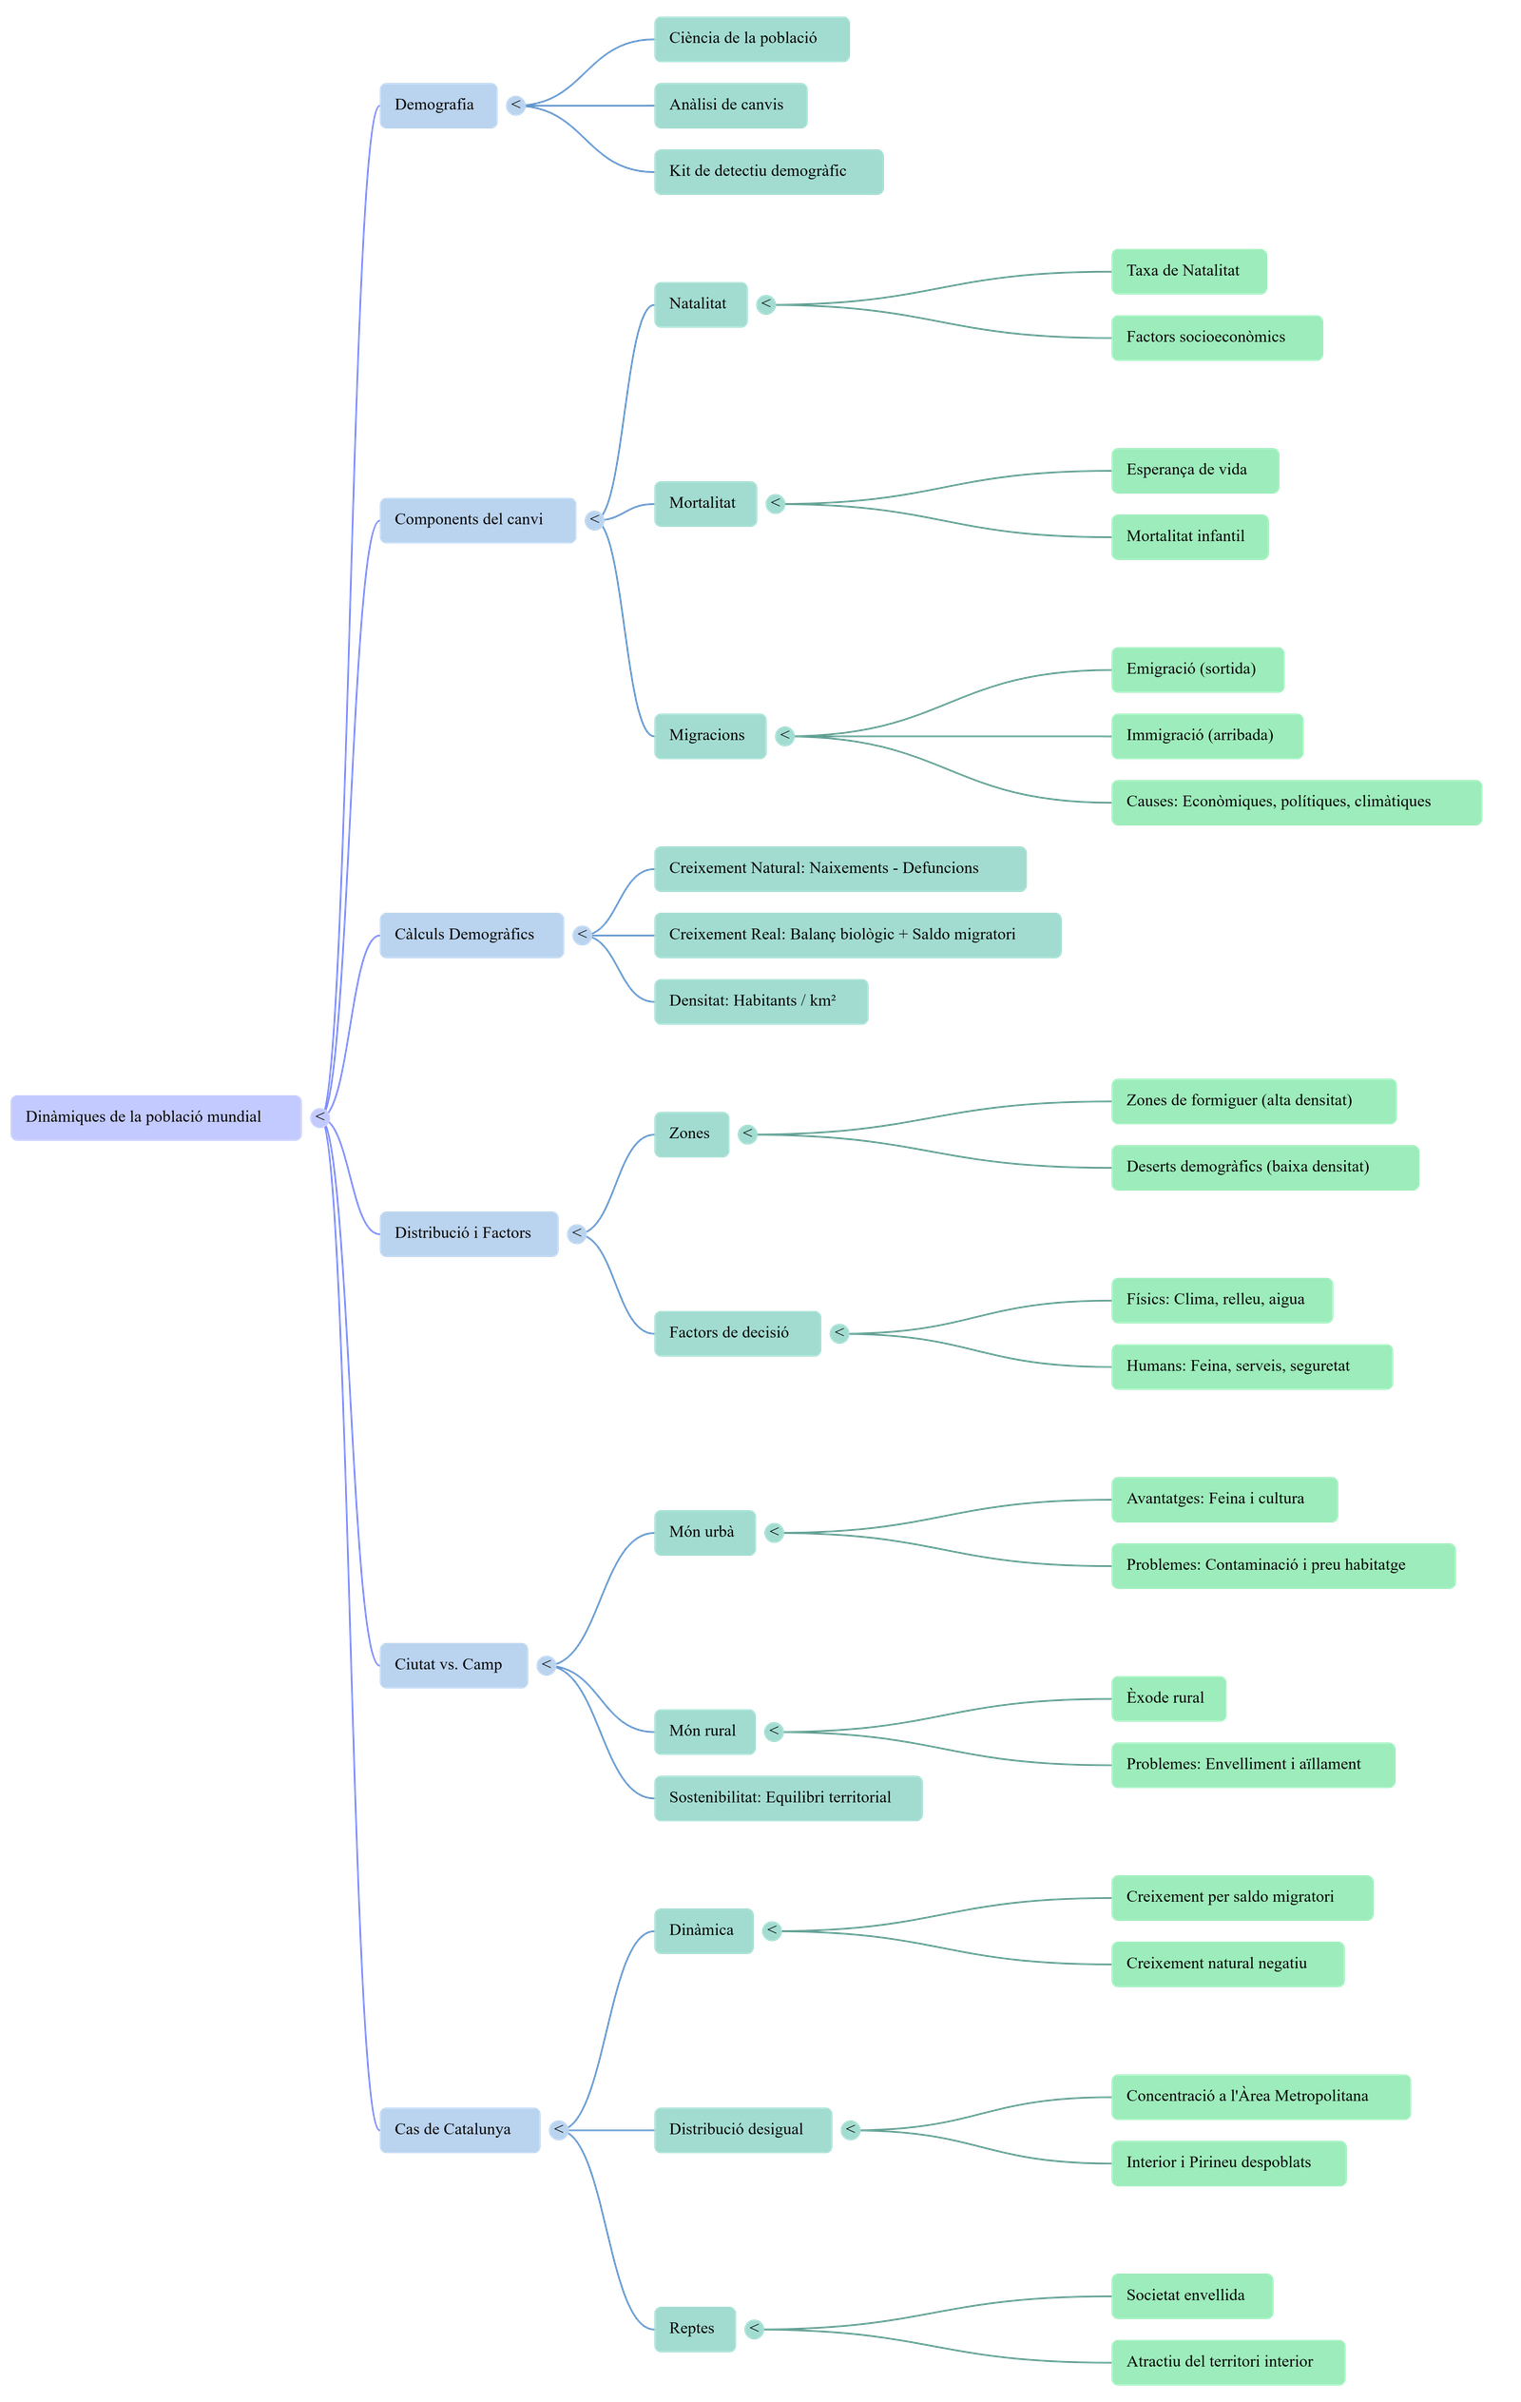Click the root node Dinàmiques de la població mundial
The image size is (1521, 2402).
tap(156, 1117)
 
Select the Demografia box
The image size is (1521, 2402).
tap(438, 105)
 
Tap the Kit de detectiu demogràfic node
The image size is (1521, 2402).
tap(768, 171)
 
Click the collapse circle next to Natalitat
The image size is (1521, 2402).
tap(766, 304)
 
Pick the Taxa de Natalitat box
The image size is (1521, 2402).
tap(1189, 271)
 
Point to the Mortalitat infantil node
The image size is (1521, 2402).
tap(1189, 536)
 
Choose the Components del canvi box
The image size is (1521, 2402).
tap(477, 520)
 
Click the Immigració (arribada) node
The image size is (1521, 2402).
tap(1207, 736)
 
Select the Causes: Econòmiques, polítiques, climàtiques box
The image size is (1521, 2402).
tap(1296, 802)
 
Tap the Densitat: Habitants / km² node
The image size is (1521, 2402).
tap(760, 1001)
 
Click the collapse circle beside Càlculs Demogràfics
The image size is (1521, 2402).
tap(583, 936)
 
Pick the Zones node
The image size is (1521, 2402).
tap(691, 1134)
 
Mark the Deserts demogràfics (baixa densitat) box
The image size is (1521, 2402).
tap(1263, 1167)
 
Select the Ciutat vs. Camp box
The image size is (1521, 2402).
tap(452, 1665)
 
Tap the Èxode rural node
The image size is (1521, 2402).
tap(1168, 1697)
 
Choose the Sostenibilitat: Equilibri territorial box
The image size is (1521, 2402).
tap(787, 1797)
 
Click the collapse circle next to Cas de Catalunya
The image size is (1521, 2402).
tap(560, 2130)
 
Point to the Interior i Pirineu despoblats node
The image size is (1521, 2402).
tap(1228, 2162)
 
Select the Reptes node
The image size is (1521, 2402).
tap(695, 2328)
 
